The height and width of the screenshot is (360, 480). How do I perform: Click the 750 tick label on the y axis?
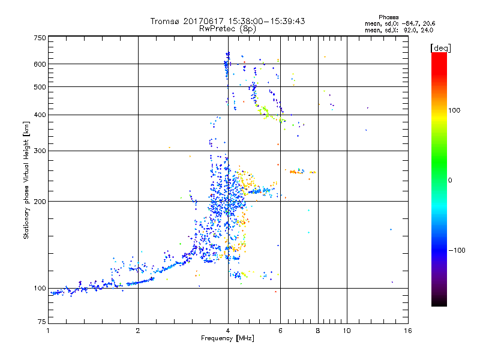[40, 37]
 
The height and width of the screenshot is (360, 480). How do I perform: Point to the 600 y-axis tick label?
[40, 64]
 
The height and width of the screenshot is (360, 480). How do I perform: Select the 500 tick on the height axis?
[40, 87]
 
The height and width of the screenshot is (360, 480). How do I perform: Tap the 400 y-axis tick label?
[40, 115]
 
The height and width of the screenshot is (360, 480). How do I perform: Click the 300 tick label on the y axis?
[40, 151]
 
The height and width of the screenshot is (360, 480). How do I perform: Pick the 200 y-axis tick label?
[40, 202]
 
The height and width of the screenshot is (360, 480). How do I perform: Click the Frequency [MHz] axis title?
[227, 339]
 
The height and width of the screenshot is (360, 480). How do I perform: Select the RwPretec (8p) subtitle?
[227, 28]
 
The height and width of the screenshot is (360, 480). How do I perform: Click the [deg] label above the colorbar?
[440, 47]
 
